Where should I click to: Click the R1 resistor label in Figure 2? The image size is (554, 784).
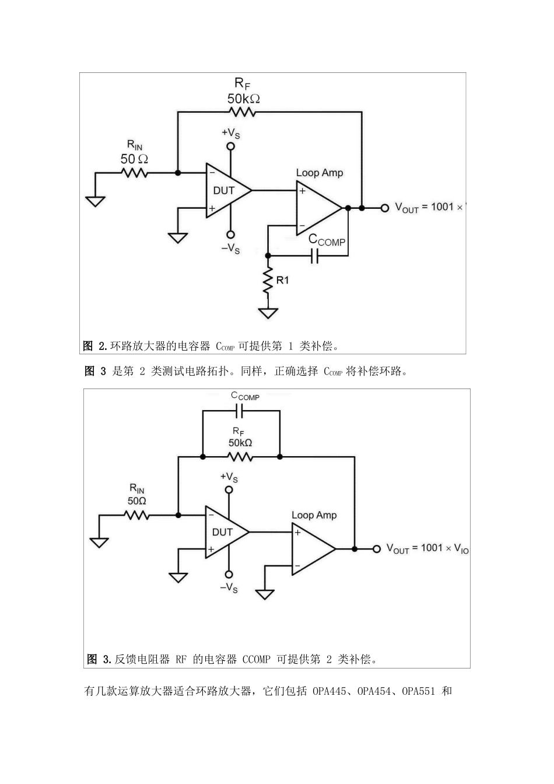point(282,280)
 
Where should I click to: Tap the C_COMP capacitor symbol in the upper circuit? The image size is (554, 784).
point(315,256)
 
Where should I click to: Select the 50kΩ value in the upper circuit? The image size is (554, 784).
point(244,99)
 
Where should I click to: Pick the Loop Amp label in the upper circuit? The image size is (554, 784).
point(320,173)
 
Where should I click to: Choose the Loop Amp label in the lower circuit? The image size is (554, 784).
point(314,515)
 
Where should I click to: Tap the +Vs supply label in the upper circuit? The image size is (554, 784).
point(231,133)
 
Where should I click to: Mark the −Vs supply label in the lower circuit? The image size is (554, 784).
point(229,588)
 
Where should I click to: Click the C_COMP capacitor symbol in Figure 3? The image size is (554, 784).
point(241,411)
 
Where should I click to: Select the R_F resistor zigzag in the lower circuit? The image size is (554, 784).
point(240,457)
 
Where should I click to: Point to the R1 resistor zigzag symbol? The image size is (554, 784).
point(268,281)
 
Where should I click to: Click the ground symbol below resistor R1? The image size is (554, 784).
point(268,313)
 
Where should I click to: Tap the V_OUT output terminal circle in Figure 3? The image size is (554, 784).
point(377,549)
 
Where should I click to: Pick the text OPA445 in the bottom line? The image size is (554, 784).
point(331,692)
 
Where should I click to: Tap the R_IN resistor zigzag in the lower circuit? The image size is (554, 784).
point(136,515)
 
